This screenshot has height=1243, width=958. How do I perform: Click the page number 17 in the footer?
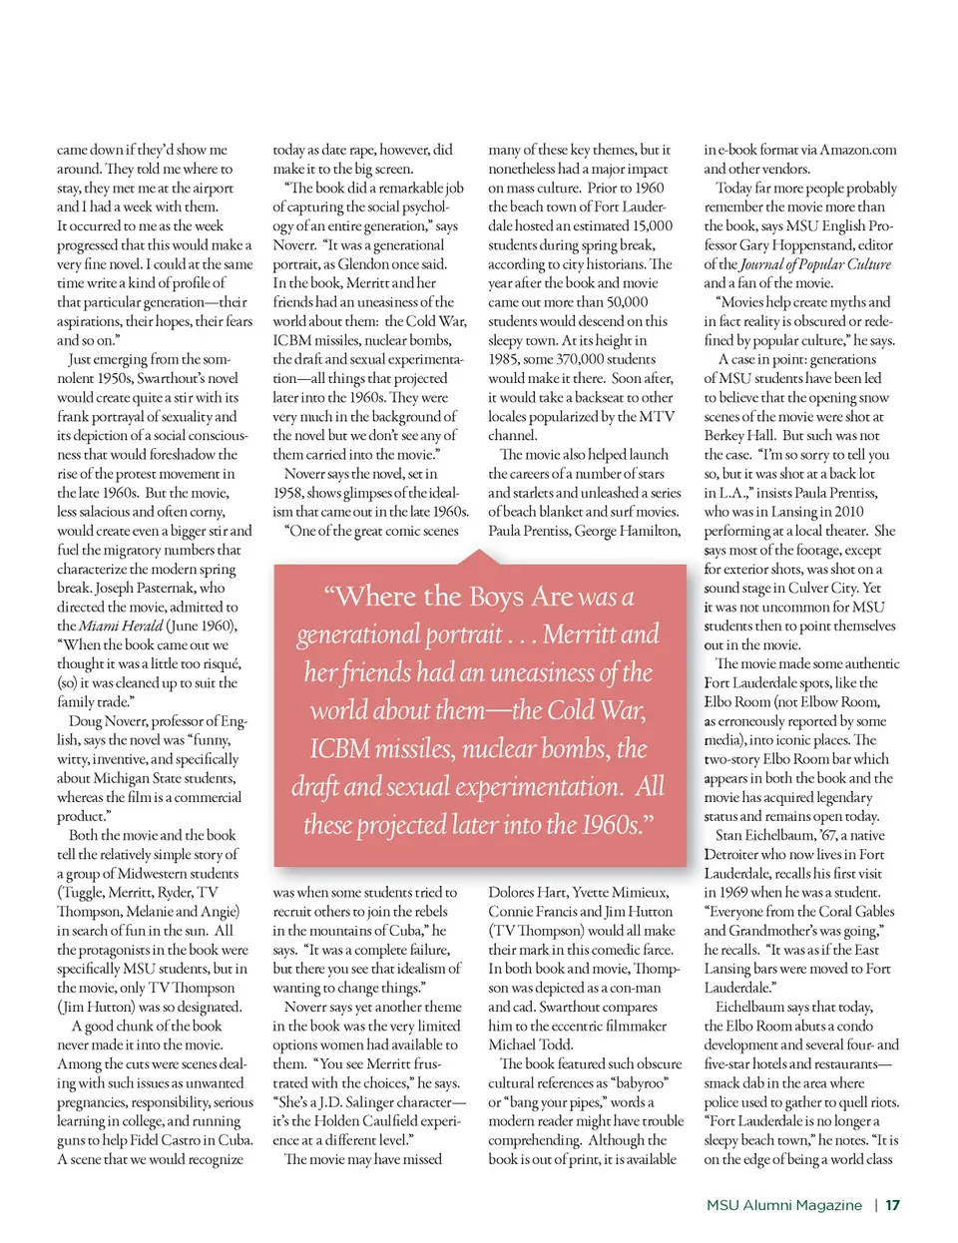[892, 1205]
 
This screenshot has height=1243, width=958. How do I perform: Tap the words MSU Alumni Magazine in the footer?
[783, 1205]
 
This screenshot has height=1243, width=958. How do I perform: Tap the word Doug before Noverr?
[85, 721]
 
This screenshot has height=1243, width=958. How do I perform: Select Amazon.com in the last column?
[858, 150]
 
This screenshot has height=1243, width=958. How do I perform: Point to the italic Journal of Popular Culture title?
[815, 264]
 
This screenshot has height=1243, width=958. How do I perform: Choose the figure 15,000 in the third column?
[653, 226]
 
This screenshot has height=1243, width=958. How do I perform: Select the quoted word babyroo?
[638, 1083]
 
